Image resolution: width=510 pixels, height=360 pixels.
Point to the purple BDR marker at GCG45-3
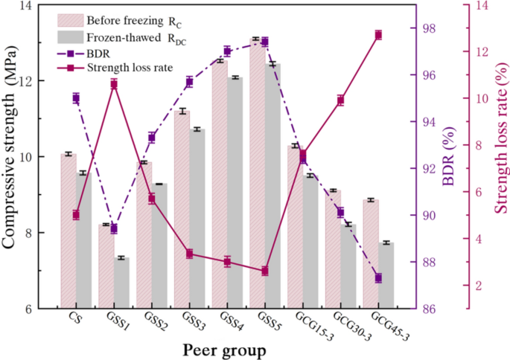pos(378,278)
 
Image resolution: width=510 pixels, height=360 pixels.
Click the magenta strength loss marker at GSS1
pos(114,84)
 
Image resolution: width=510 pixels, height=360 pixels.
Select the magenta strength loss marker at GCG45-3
pos(378,35)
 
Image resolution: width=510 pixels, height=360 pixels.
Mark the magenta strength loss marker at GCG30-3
pos(340,100)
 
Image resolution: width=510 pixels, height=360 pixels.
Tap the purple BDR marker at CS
pos(76,97)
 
